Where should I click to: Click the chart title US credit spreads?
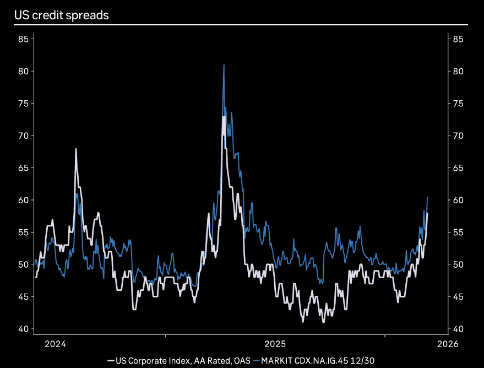point(61,15)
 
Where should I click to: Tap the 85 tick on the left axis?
point(23,39)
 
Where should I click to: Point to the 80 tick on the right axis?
point(458,71)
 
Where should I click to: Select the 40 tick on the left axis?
point(23,329)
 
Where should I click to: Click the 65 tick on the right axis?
point(458,168)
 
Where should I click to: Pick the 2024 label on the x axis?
point(55,344)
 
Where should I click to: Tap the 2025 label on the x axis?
point(275,344)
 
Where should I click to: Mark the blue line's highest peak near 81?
point(224,65)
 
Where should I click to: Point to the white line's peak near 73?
point(223,117)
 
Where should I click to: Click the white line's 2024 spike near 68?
point(76,149)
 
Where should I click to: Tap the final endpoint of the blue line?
point(428,197)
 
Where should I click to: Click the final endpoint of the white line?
point(428,213)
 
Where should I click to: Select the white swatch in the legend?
point(111,360)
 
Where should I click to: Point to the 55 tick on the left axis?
point(23,232)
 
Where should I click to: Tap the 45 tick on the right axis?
point(458,297)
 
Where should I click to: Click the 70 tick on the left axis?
point(23,136)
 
